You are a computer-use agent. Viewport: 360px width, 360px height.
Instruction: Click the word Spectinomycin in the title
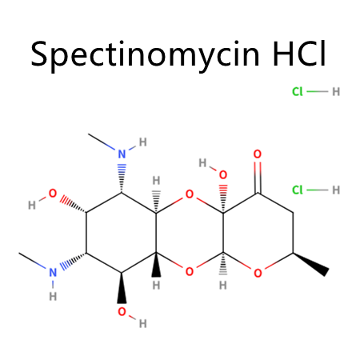[x=145, y=55]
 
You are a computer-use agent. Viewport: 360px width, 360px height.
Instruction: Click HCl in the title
[x=299, y=54]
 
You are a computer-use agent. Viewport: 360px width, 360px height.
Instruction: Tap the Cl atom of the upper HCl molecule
[x=298, y=92]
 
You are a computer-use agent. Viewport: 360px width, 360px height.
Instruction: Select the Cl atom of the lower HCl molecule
[x=298, y=190]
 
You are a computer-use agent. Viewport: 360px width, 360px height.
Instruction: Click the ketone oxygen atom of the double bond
[x=258, y=154]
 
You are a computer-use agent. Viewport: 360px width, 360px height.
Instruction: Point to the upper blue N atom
[x=122, y=154]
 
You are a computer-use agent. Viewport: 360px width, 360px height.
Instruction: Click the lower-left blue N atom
[x=53, y=273]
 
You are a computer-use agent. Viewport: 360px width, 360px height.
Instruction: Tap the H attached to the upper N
[x=143, y=142]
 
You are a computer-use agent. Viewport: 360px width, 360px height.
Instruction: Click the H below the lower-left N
[x=53, y=296]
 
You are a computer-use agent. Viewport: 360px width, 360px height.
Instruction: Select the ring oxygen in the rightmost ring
[x=258, y=273]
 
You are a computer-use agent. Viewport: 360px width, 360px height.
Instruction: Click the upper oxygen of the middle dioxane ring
[x=190, y=194]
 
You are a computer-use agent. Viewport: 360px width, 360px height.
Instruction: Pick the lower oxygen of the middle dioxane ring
[x=190, y=272]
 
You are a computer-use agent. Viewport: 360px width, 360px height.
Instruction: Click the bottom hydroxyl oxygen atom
[x=122, y=311]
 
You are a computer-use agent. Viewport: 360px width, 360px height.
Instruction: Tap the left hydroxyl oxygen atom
[x=53, y=194]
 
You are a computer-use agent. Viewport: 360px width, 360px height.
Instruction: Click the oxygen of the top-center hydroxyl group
[x=223, y=174]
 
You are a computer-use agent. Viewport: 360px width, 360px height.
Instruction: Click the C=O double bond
[x=258, y=177]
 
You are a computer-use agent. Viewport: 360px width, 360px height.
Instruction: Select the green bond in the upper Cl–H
[x=318, y=91]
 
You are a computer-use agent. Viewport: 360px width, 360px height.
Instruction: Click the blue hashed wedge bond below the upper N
[x=122, y=178]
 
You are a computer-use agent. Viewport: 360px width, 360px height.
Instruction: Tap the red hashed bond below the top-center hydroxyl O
[x=223, y=198]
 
